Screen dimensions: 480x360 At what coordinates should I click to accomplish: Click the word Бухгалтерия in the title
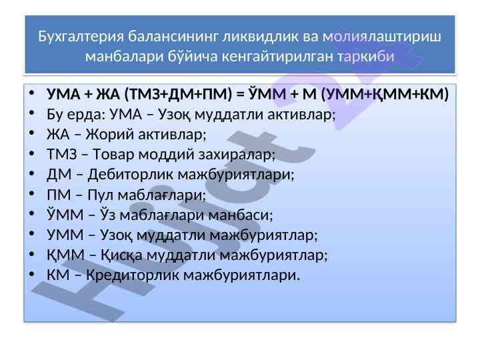pyautogui.click(x=81, y=37)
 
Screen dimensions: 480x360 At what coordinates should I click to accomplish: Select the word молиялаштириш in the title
pyautogui.click(x=382, y=37)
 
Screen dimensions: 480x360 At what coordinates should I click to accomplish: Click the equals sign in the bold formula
pyautogui.click(x=241, y=94)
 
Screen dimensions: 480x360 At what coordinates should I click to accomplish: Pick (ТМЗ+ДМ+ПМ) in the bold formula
pyautogui.click(x=179, y=94)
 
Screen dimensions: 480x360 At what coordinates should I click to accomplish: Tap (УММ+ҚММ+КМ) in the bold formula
pyautogui.click(x=385, y=94)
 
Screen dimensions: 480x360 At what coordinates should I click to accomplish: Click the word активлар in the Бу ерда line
pyautogui.click(x=301, y=114)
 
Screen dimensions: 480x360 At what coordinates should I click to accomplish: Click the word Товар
pyautogui.click(x=113, y=154)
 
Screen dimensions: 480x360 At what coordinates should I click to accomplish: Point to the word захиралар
pyautogui.click(x=237, y=154)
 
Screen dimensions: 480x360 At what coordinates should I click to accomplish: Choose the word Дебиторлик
pyautogui.click(x=131, y=175)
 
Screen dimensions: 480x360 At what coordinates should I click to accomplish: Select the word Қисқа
pyautogui.click(x=121, y=255)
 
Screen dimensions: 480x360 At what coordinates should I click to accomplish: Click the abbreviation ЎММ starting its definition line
pyautogui.click(x=65, y=214)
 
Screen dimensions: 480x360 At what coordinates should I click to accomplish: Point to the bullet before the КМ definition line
pyautogui.click(x=32, y=274)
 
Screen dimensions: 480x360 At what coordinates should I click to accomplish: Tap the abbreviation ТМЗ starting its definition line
pyautogui.click(x=62, y=154)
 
